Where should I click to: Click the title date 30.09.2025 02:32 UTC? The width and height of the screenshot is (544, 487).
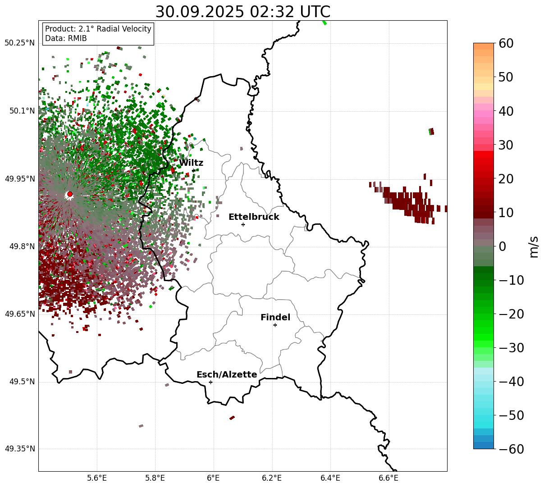tap(242, 12)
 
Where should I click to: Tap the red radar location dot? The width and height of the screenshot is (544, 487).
tap(70, 194)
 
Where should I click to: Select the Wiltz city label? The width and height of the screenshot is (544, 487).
tap(191, 163)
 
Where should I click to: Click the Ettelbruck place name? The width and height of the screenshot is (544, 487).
tap(254, 217)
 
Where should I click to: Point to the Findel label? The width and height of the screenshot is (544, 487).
tap(275, 318)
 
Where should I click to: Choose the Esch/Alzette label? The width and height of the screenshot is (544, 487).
tap(227, 375)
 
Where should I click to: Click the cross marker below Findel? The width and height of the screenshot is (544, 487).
tap(275, 325)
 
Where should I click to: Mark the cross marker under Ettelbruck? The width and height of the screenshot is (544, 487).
tap(243, 224)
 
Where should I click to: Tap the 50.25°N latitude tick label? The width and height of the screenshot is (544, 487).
tap(19, 43)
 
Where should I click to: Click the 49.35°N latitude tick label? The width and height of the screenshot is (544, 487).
tap(19, 449)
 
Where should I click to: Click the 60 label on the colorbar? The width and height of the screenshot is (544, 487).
tap(506, 43)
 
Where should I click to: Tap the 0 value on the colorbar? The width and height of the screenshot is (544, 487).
tap(502, 246)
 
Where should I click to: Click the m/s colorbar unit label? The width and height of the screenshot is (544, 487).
tap(534, 246)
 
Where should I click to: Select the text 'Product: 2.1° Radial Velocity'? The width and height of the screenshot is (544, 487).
tap(98, 29)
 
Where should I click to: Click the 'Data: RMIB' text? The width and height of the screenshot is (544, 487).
tap(66, 39)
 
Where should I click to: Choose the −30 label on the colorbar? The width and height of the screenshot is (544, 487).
tap(512, 348)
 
